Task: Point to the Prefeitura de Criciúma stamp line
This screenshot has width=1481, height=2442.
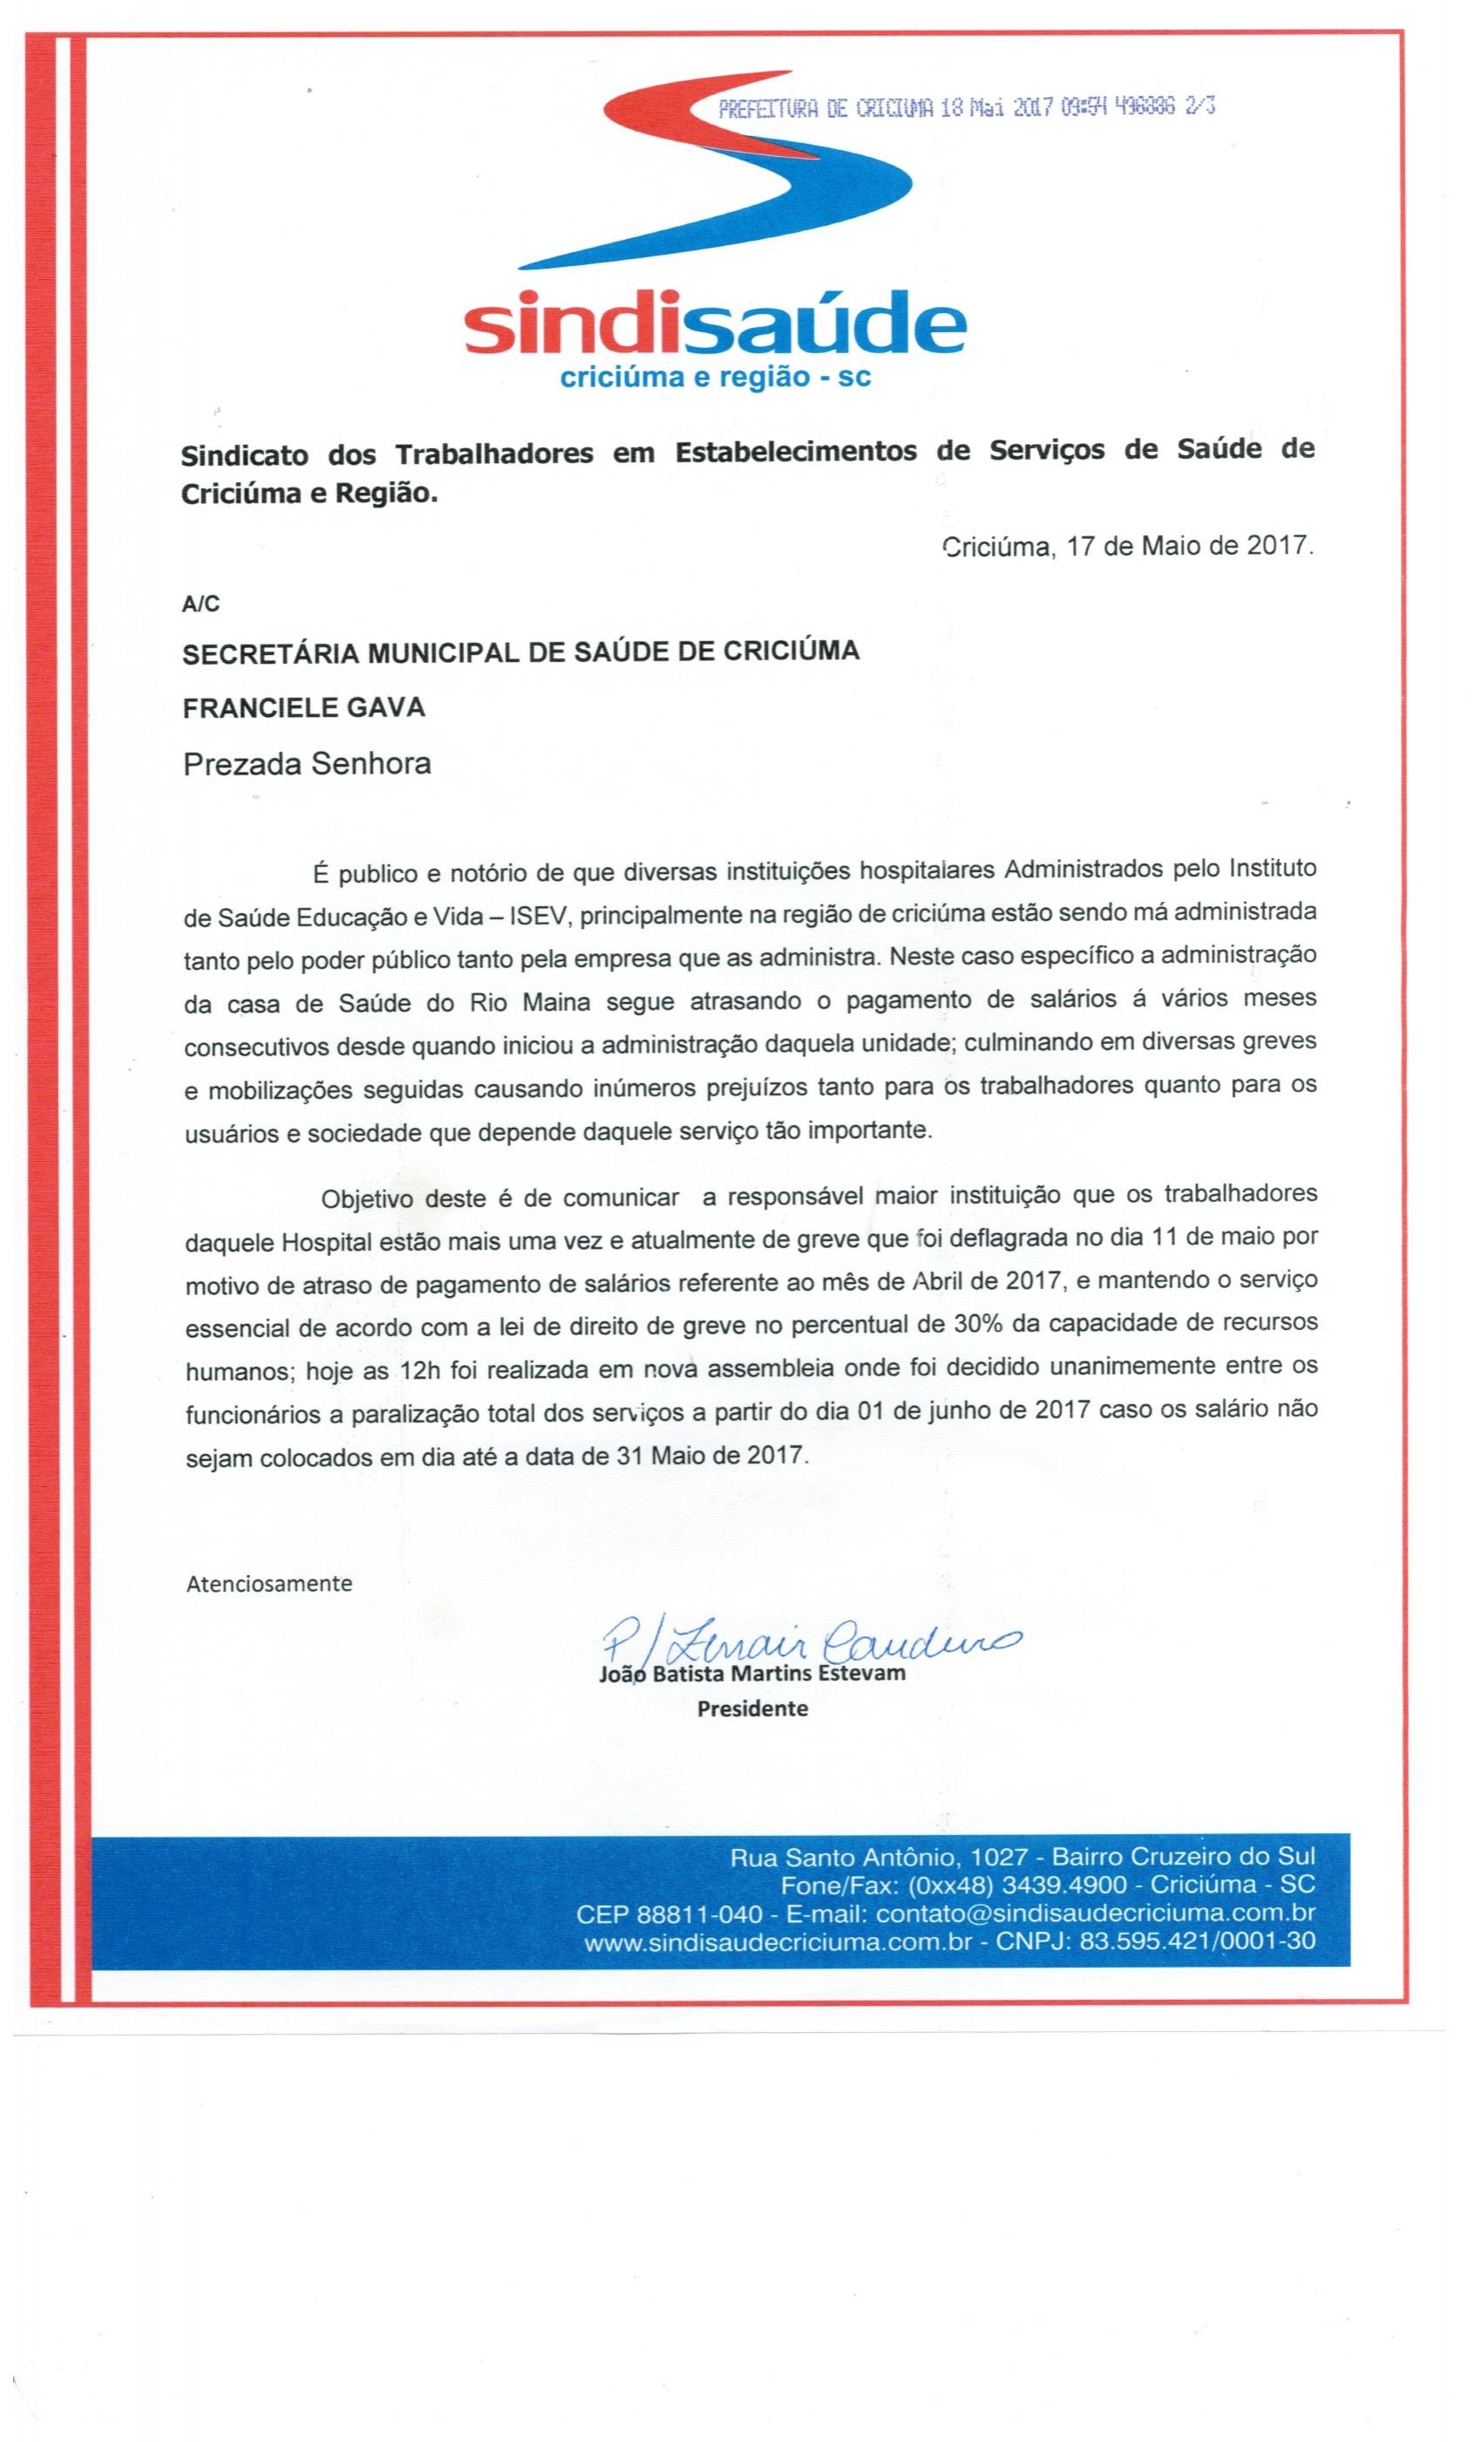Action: click(966, 108)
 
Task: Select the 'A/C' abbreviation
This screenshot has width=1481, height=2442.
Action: click(200, 604)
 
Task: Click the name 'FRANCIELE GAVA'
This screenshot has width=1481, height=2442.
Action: click(304, 706)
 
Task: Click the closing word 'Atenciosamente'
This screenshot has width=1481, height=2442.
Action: click(269, 1584)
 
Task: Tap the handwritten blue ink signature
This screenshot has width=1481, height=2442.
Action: click(807, 1644)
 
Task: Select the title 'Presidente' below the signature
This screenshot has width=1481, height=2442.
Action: click(753, 1709)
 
